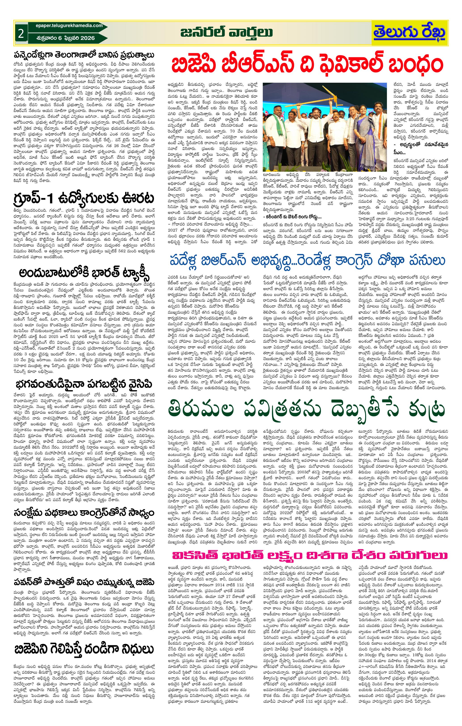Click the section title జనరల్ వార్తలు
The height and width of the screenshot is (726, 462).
227,32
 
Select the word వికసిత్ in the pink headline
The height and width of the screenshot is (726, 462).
194,555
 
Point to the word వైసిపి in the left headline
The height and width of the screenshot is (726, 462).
139,384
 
